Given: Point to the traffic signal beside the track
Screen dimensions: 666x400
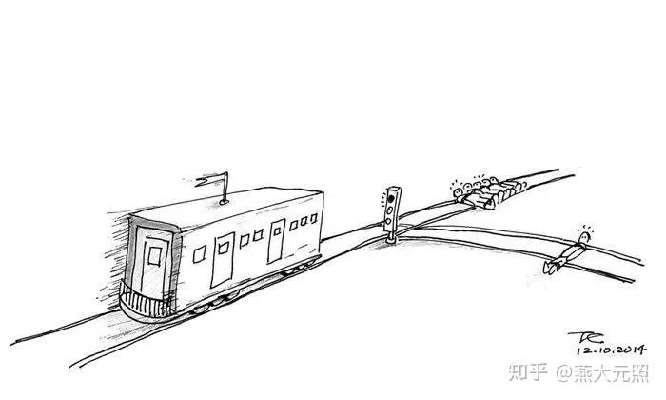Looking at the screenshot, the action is (x=390, y=209).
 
